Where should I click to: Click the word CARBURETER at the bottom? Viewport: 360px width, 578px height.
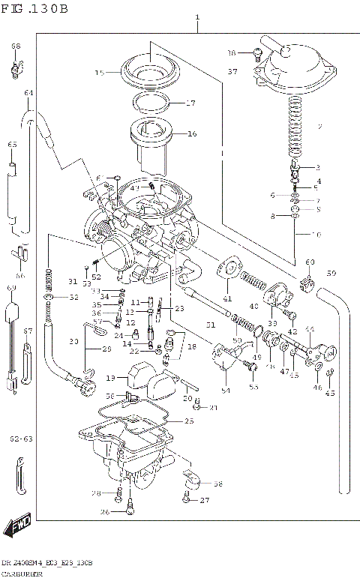coord(23,573)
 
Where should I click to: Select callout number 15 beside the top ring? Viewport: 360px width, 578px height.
coord(100,73)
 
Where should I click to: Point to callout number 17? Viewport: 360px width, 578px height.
coord(190,103)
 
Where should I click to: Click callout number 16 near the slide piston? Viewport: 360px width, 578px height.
coord(191,134)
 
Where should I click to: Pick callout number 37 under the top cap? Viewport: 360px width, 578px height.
coord(232,72)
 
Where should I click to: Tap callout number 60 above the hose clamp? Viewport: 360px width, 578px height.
coord(310,262)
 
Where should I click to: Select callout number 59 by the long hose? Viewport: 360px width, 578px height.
coord(331,272)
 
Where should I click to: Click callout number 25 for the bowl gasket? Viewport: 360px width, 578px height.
coord(188,422)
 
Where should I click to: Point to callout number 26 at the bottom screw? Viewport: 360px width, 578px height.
coord(105,512)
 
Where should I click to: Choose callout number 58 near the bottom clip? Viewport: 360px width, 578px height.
coord(217,484)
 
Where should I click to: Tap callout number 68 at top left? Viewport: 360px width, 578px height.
coord(15,46)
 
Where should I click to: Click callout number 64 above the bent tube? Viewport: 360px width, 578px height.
coord(29,93)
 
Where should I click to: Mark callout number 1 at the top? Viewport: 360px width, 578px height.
coord(197,16)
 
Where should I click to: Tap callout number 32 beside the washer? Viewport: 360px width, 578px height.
coord(73,298)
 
